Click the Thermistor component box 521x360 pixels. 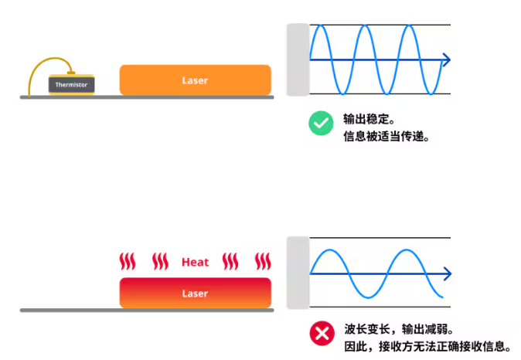pyautogui.click(x=71, y=85)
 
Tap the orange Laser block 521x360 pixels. pyautogui.click(x=196, y=80)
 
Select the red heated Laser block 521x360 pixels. pyautogui.click(x=196, y=293)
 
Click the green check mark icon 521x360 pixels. pyautogui.click(x=321, y=123)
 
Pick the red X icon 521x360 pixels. pyautogui.click(x=322, y=333)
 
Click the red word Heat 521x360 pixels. pyautogui.click(x=195, y=263)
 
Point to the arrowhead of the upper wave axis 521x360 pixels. pyautogui.click(x=446, y=59)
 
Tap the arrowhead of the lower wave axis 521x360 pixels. pyautogui.click(x=447, y=273)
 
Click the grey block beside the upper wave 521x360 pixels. pyautogui.click(x=298, y=59)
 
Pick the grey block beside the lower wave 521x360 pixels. pyautogui.click(x=298, y=273)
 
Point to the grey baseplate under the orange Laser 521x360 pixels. pyautogui.click(x=147, y=97)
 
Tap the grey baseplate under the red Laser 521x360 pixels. pyautogui.click(x=147, y=311)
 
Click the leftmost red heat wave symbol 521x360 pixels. pyautogui.click(x=128, y=261)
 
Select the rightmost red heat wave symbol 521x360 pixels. pyautogui.click(x=263, y=261)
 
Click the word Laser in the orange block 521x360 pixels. pyautogui.click(x=195, y=80)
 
